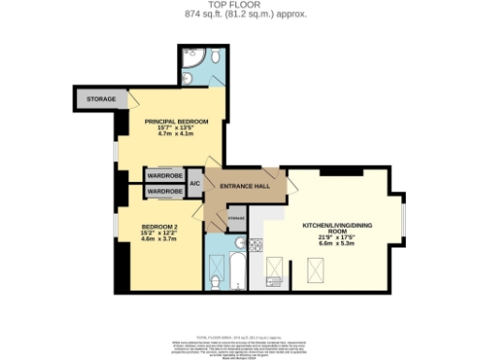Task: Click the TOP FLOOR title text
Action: (240, 6)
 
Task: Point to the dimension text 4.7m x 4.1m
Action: (173, 136)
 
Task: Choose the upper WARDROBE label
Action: (164, 175)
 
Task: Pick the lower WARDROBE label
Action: (164, 190)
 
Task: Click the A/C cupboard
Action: (195, 183)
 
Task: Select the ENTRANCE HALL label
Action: (244, 186)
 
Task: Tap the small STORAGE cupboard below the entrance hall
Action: (236, 217)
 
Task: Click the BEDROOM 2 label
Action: (159, 227)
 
